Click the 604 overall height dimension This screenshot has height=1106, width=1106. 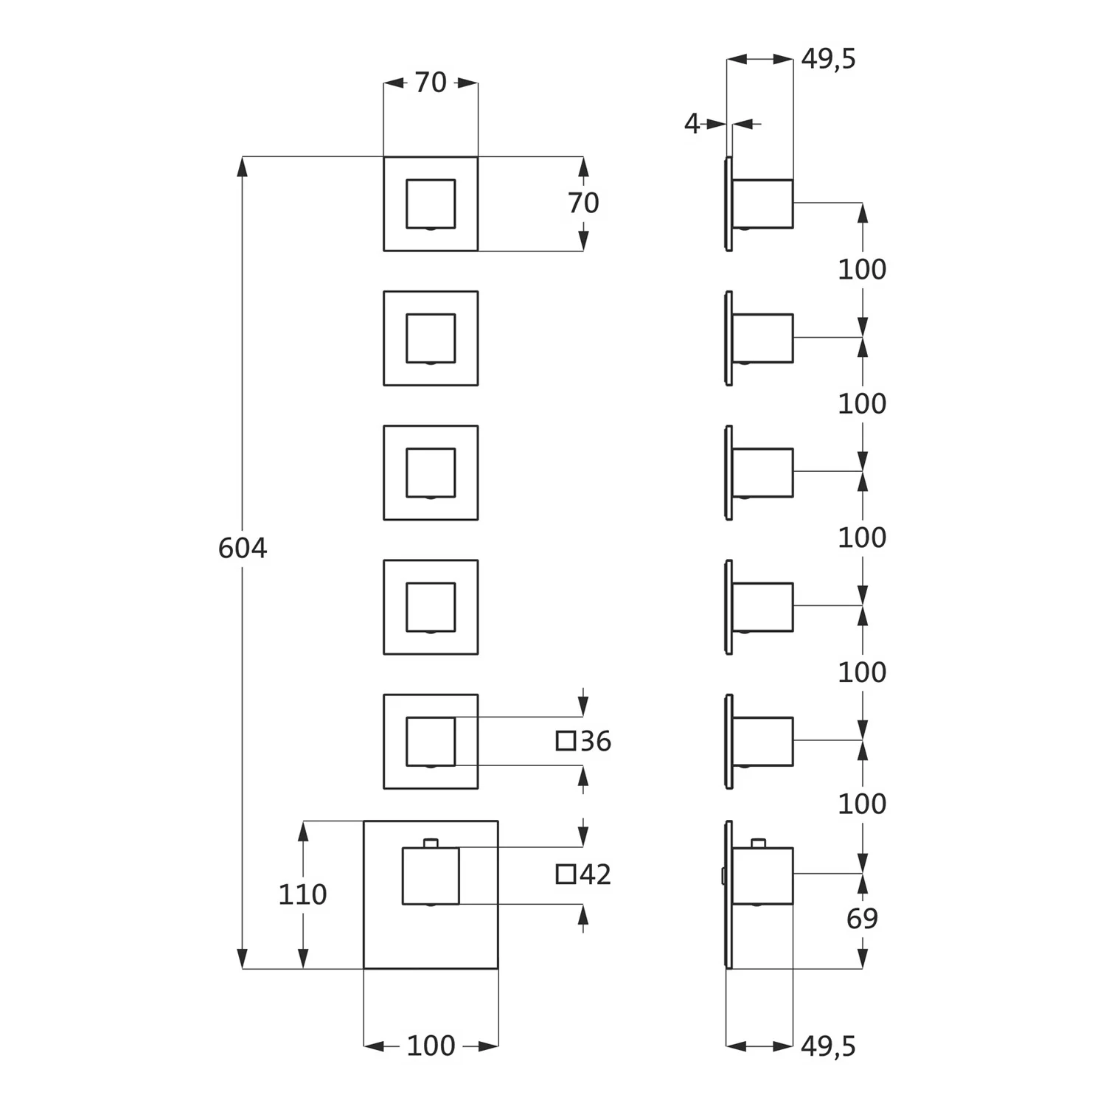pos(243,548)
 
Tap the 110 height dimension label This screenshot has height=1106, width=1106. pos(302,894)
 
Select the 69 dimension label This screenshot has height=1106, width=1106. pos(862,919)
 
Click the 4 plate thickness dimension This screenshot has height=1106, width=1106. pos(692,124)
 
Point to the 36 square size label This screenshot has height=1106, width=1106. pos(596,741)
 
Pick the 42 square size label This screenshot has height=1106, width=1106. pos(596,874)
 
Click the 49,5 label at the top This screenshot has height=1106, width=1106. pos(829,59)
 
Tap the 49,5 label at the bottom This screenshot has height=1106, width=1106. pos(829,1046)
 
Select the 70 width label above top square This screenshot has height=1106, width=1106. pos(431,83)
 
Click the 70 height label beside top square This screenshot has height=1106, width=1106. pos(583,203)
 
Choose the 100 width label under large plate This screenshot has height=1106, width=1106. pos(431,1046)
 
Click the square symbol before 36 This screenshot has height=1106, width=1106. pos(566,741)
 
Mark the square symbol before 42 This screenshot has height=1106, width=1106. pos(566,874)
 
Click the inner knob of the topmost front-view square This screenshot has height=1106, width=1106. pos(431,204)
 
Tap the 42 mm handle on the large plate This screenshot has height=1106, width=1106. pos(431,876)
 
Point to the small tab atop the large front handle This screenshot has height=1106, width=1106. pos(431,843)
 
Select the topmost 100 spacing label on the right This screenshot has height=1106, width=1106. pos(862,270)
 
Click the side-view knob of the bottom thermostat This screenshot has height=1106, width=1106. pos(763,876)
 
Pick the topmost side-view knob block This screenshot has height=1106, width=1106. pos(763,204)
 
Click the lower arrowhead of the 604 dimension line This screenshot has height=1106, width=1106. pos(242,959)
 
